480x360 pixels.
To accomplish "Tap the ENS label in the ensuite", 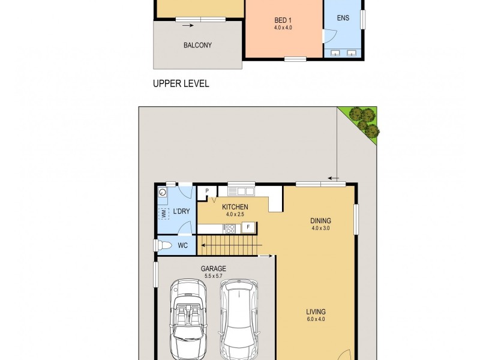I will point(343,19).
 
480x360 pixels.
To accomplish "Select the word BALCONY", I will point(197,46).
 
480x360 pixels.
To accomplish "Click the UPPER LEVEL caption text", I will point(181,84).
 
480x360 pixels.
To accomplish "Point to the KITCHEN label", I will point(235,207).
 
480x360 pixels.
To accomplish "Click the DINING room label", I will point(321,221).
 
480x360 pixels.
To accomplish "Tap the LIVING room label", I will point(316,312).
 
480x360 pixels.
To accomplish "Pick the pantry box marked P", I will point(207,192).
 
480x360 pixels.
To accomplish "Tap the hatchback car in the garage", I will point(239,318).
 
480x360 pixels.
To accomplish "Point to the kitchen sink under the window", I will point(241,191).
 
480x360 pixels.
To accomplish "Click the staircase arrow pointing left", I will point(204,244).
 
